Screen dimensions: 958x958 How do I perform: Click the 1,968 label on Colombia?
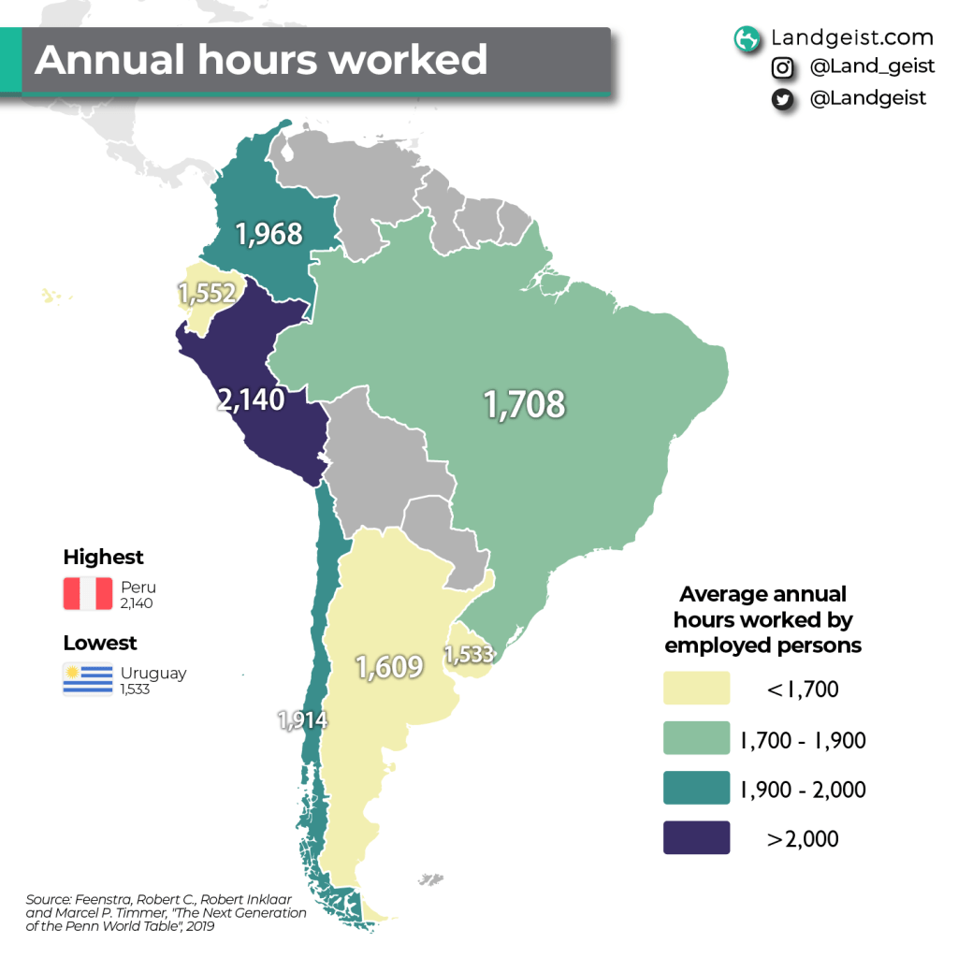click(269, 233)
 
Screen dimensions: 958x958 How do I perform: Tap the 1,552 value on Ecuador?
click(206, 294)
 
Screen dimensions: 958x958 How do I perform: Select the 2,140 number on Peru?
click(251, 399)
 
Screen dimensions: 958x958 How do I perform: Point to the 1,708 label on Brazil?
click(524, 404)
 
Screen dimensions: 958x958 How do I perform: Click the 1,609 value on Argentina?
click(388, 666)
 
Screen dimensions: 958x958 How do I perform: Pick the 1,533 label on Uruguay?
click(469, 654)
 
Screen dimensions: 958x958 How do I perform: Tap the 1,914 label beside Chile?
click(302, 719)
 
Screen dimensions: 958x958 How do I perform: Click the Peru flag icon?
click(88, 594)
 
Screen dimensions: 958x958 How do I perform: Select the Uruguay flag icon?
click(88, 679)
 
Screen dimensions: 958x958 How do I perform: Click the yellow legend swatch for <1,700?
click(696, 689)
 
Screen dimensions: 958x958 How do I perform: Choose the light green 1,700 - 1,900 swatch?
click(696, 739)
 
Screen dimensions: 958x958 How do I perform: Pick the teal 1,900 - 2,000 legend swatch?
click(696, 789)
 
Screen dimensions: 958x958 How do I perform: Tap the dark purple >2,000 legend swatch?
click(696, 837)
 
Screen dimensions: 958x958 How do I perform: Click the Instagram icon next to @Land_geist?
click(782, 68)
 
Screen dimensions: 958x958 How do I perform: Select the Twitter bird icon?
click(782, 99)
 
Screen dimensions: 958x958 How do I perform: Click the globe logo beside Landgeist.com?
click(747, 38)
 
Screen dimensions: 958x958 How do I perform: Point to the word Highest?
click(103, 558)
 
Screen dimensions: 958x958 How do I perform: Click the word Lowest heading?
click(100, 644)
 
